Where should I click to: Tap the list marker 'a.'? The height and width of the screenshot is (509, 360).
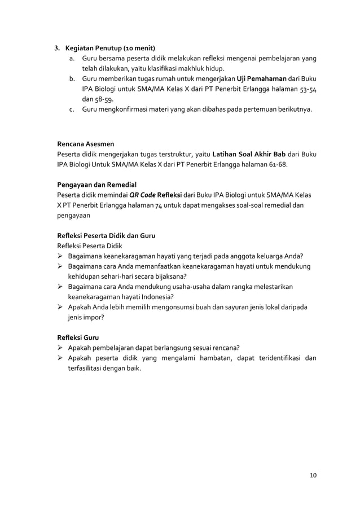click(72, 59)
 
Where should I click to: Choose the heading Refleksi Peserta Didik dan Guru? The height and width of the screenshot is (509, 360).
click(107, 235)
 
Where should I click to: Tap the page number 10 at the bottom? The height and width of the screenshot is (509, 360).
click(313, 475)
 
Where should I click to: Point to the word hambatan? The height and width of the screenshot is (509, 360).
click(204, 358)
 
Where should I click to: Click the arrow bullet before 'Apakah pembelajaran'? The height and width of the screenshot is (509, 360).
click(60, 348)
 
